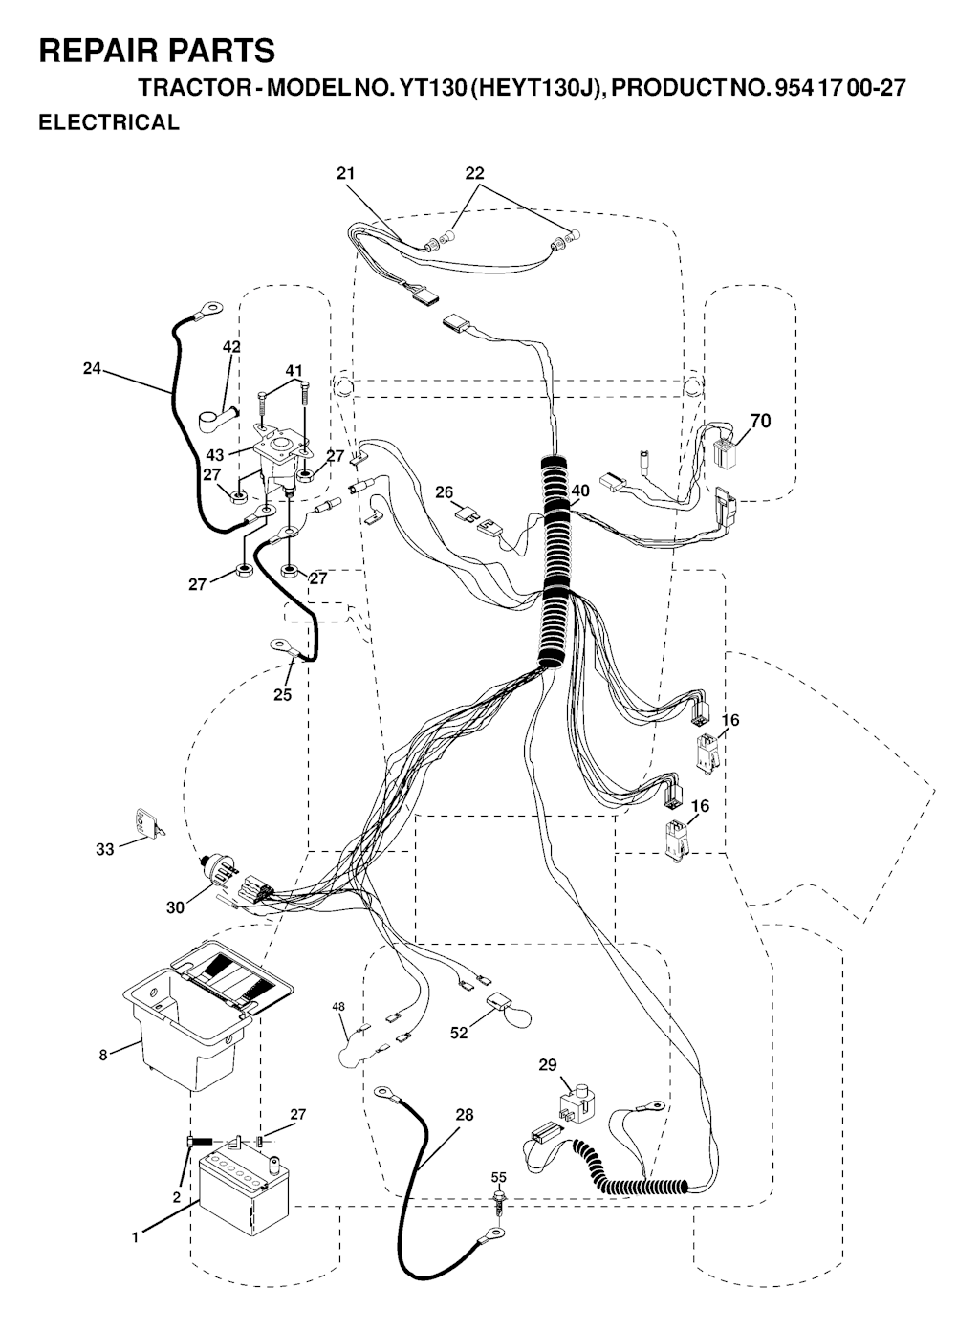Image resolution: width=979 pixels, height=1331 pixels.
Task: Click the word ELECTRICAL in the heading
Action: pyautogui.click(x=109, y=122)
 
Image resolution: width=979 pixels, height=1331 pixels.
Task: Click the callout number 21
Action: pyautogui.click(x=345, y=173)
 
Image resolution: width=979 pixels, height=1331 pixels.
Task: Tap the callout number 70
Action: pyautogui.click(x=760, y=421)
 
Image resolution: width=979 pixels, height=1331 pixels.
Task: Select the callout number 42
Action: pyautogui.click(x=231, y=347)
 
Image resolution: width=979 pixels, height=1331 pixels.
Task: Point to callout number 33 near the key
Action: pyautogui.click(x=104, y=850)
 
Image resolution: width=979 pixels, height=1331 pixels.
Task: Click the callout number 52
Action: pyautogui.click(x=459, y=1034)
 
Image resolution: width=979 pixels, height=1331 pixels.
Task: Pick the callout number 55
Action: pyautogui.click(x=499, y=1177)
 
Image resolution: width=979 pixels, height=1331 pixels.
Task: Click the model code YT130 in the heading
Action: pyautogui.click(x=424, y=88)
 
